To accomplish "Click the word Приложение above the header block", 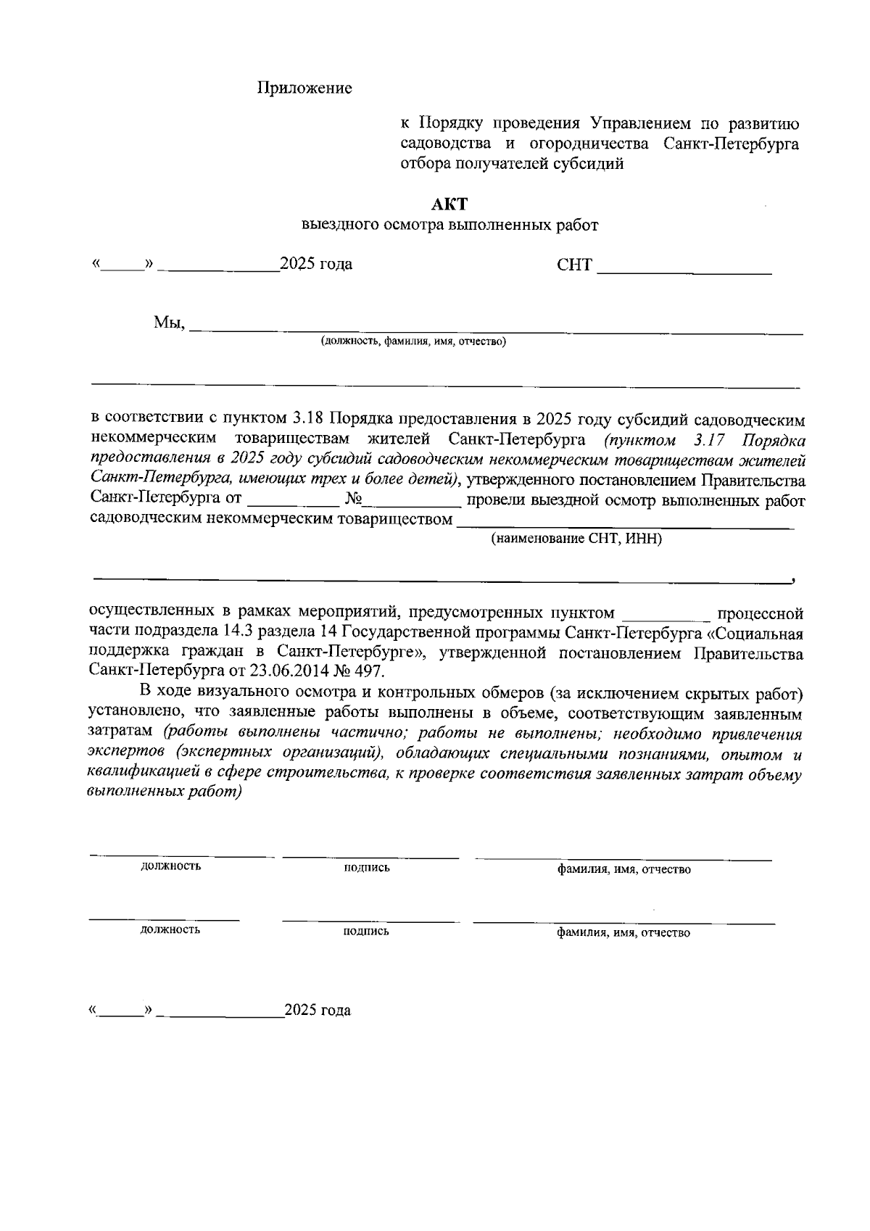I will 304,88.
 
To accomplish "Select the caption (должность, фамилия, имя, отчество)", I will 414,341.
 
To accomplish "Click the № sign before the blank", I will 355,500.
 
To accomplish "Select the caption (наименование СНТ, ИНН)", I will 576,539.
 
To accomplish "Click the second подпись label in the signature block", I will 366,932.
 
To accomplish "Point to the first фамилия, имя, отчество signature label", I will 623,869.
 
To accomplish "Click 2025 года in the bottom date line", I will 318,1011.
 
